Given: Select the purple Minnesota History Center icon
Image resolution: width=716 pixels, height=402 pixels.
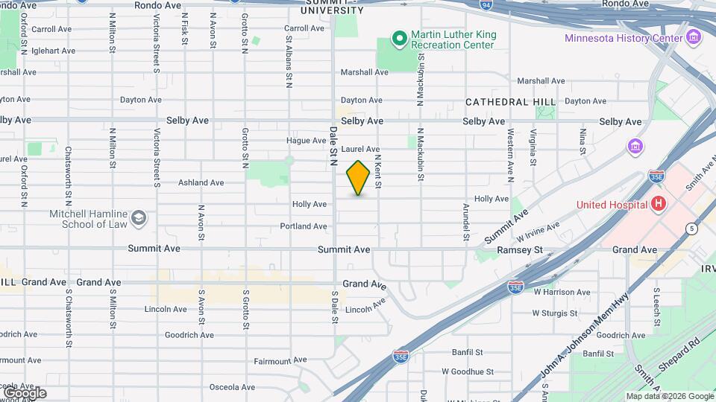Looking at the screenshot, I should point(694,37).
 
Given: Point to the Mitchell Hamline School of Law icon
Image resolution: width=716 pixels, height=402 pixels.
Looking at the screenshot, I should point(138,217).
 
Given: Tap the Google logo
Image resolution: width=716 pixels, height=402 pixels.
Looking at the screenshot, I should point(24,392).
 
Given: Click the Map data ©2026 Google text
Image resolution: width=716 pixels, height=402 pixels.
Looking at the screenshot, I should point(669,396).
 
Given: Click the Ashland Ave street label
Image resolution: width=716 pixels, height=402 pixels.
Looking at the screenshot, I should point(201,182).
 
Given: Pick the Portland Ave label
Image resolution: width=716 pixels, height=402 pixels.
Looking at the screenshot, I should point(304,226).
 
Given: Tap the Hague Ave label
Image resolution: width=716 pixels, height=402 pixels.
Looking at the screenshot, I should point(307,141).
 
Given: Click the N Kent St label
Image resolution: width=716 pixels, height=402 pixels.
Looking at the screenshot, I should point(378,171).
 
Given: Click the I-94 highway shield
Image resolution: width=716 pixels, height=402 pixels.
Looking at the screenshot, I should point(486,4).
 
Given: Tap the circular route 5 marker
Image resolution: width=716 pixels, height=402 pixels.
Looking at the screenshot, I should point(693,228).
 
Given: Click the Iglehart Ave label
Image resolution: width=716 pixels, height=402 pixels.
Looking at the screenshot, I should point(54,51).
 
